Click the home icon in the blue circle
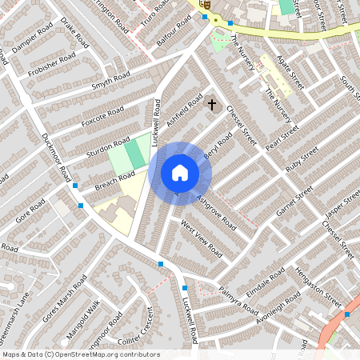click(179, 172)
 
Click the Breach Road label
click(114, 177)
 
